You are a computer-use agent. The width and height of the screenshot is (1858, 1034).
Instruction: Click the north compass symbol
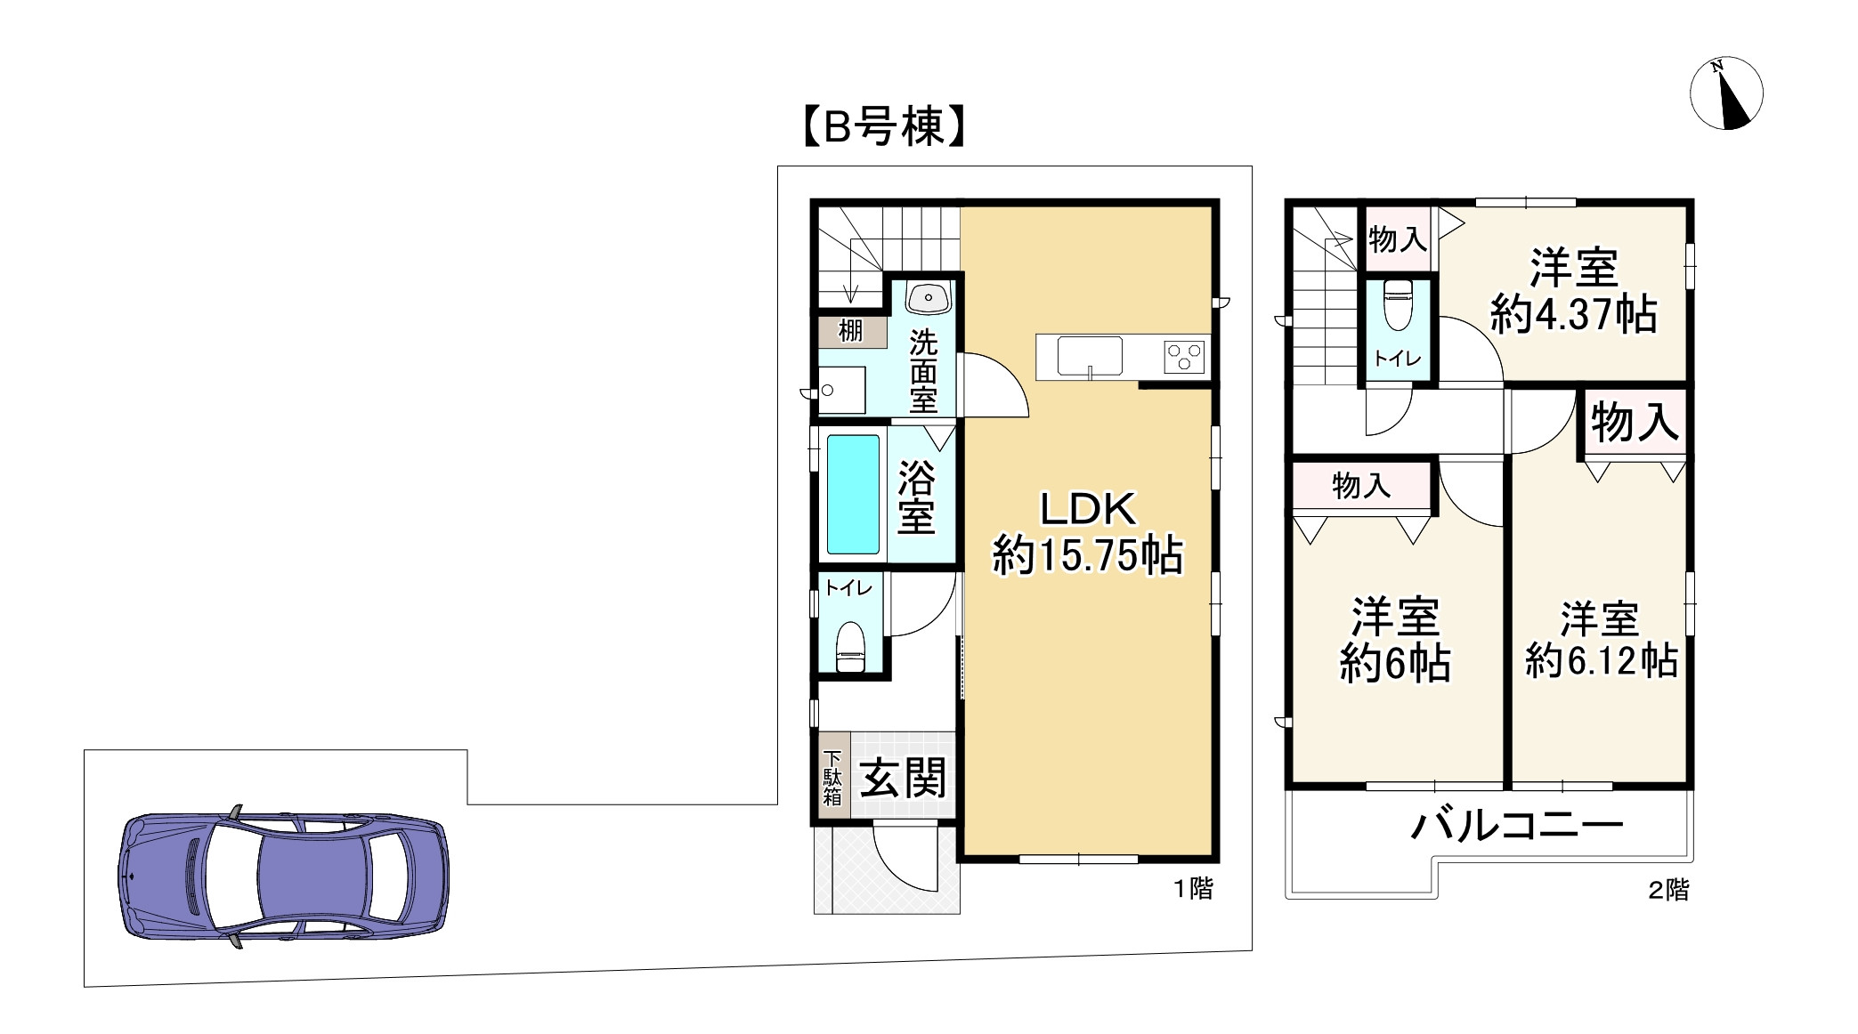click(x=1726, y=93)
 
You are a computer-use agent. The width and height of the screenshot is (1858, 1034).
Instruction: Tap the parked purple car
click(x=283, y=877)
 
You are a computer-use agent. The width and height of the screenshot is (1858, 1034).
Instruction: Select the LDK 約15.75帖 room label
click(x=1087, y=533)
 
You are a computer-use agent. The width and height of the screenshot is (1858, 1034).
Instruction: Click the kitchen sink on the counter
click(x=1089, y=357)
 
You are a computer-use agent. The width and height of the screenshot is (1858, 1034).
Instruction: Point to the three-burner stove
click(x=1185, y=358)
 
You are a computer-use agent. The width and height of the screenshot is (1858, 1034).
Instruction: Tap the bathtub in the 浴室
click(x=853, y=494)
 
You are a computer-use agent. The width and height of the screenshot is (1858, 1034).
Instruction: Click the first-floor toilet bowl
click(x=850, y=647)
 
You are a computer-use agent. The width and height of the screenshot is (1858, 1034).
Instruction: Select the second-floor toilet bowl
click(x=1398, y=304)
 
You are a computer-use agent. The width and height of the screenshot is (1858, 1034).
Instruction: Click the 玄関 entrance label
click(x=903, y=779)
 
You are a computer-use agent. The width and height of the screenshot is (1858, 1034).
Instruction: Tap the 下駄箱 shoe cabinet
click(x=832, y=778)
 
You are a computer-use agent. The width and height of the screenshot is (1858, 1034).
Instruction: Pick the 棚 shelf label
click(x=851, y=331)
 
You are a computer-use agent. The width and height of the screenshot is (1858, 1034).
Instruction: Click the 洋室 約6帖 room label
click(x=1395, y=640)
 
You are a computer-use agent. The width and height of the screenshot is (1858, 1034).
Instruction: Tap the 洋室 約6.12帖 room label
click(x=1600, y=640)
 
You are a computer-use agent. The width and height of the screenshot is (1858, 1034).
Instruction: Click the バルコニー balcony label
click(x=1517, y=826)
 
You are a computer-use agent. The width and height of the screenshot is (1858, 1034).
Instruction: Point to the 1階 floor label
click(x=1192, y=888)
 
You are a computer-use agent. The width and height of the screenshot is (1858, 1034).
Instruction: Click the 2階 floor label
click(x=1667, y=890)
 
